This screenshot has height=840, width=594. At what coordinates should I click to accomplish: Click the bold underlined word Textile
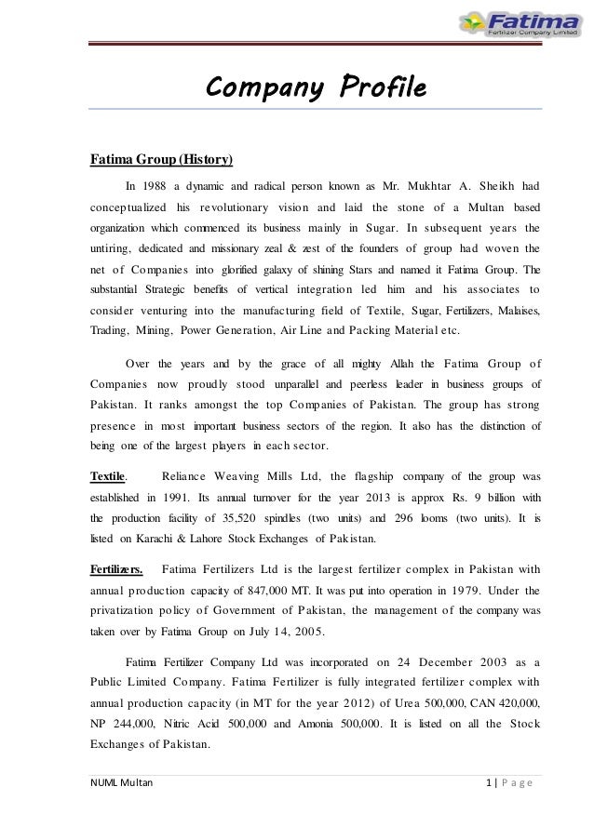[x=107, y=477]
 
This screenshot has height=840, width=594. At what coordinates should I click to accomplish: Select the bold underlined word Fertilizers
[x=115, y=569]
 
